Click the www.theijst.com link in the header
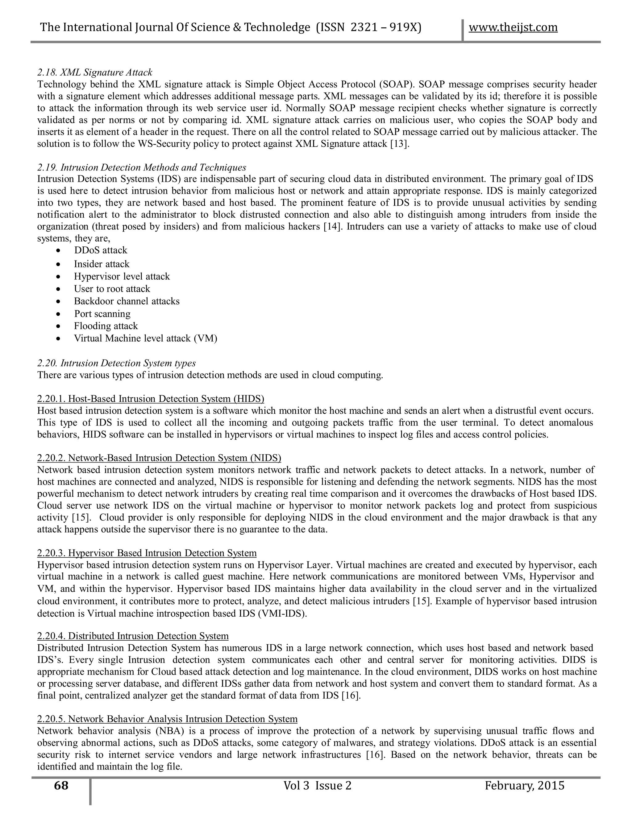pos(513,27)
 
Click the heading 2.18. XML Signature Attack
pos(95,72)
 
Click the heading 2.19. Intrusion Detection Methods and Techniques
pos(142,167)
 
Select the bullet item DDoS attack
pos(100,250)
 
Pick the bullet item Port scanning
pos(102,314)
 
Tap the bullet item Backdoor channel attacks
pos(127,301)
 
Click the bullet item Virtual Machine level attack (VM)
pos(145,338)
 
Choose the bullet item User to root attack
pos(112,289)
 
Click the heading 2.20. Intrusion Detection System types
pos(116,363)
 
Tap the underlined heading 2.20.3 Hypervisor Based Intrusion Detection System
pos(147,553)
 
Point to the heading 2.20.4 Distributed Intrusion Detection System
pos(133,636)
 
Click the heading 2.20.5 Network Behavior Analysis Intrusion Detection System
pos(167,719)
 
